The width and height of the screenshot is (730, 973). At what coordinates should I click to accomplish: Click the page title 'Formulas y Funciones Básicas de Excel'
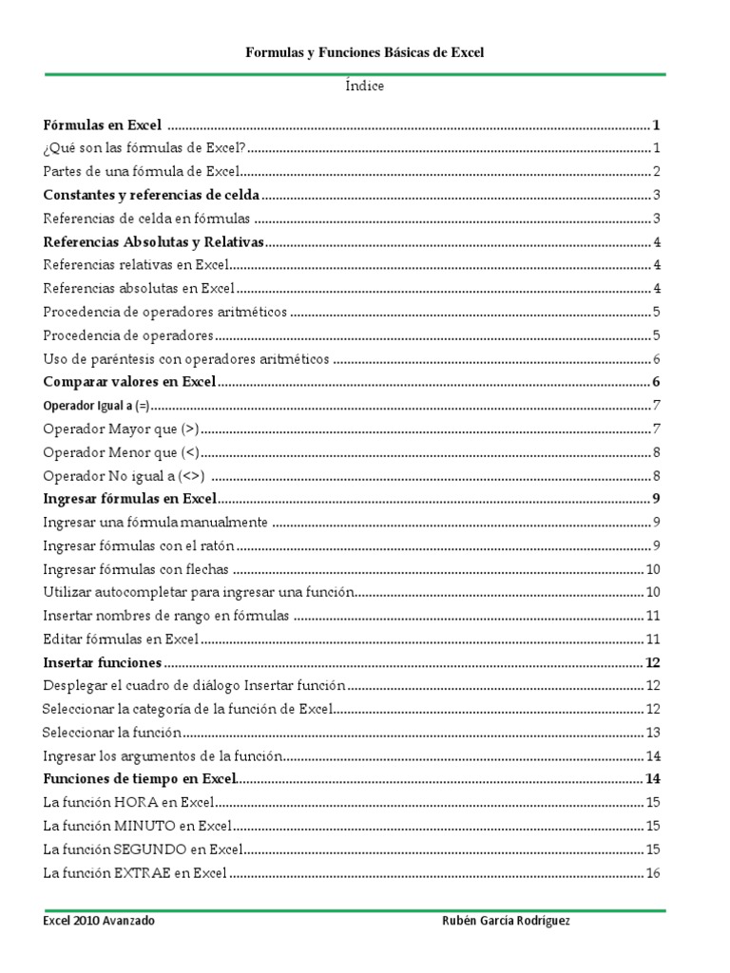pos(365,53)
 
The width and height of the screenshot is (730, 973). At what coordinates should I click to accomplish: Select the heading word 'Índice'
pos(365,86)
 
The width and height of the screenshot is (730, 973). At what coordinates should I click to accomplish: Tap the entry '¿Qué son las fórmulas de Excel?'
pos(144,148)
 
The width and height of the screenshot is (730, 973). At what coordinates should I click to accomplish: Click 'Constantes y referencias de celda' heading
pos(152,195)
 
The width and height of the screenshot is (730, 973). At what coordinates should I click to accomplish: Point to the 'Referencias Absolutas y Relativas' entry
pos(154,241)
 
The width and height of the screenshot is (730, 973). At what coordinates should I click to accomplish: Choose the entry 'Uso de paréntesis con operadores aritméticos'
pos(186,359)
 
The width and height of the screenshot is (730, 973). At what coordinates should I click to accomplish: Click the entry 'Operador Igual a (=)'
pos(96,406)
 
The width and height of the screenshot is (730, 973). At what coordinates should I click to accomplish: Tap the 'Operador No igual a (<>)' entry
pos(125,476)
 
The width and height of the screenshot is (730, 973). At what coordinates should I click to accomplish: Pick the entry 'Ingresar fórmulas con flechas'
pos(137,569)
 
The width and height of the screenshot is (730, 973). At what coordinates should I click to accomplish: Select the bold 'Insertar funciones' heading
pos(103,662)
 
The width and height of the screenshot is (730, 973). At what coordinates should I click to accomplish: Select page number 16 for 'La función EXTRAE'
pos(653,873)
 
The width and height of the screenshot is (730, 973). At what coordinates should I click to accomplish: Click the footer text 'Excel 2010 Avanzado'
pos(100,922)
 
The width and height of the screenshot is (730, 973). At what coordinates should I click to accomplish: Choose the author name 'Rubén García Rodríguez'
pos(508,922)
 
